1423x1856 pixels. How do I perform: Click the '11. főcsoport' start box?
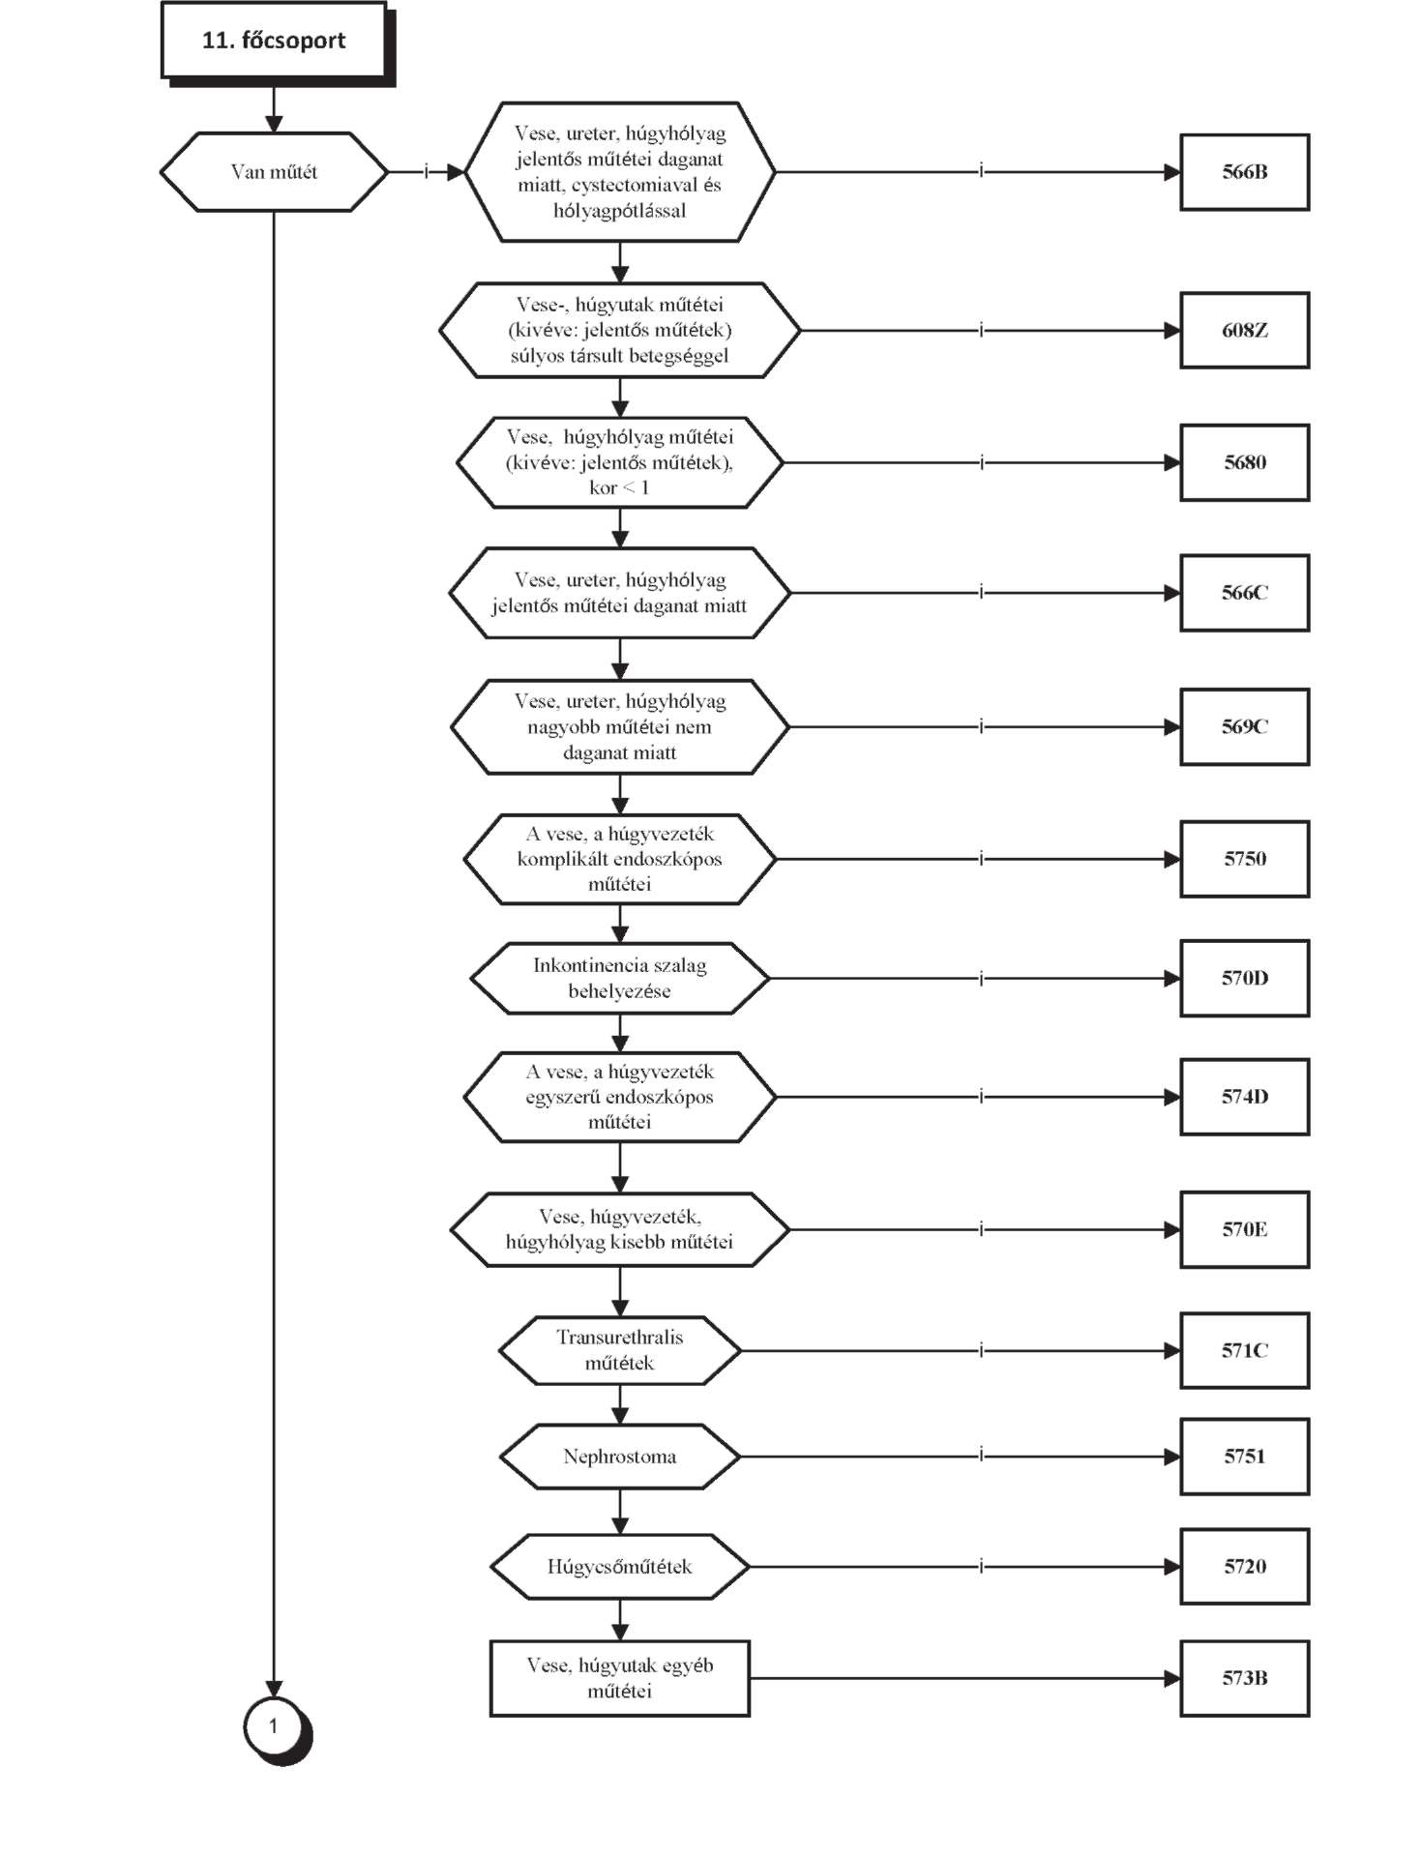point(274,41)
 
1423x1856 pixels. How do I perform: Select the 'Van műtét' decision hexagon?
point(274,172)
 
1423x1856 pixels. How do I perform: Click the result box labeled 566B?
point(1244,172)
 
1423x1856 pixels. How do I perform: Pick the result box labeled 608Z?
point(1244,331)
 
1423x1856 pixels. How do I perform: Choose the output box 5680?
point(1244,462)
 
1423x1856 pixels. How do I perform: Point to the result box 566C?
point(1244,593)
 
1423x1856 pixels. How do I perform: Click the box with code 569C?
point(1244,726)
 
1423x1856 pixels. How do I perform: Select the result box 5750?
point(1244,859)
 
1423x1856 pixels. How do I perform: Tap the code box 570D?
point(1244,978)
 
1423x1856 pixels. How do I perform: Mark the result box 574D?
point(1244,1097)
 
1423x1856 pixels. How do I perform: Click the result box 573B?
point(1244,1678)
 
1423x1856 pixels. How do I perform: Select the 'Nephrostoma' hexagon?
point(620,1457)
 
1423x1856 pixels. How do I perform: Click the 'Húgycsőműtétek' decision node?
point(620,1567)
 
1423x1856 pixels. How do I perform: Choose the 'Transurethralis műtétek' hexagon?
point(620,1350)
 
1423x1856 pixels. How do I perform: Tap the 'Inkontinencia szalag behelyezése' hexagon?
point(620,978)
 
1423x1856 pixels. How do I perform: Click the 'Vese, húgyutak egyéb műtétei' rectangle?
point(620,1678)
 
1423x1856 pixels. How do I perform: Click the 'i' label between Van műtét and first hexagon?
point(427,172)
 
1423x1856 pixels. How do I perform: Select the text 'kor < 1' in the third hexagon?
point(619,488)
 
